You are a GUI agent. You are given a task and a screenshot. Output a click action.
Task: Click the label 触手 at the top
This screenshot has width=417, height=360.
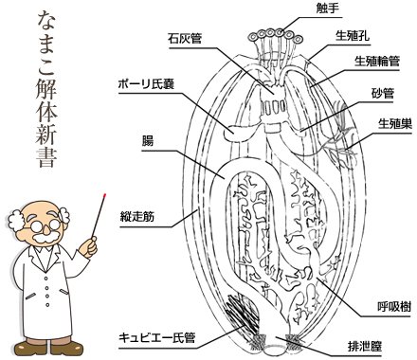coord(328,9)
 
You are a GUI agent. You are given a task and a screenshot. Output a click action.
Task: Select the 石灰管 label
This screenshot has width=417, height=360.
coord(185,39)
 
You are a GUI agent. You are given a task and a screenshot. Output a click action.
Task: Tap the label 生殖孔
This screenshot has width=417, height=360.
coord(353,36)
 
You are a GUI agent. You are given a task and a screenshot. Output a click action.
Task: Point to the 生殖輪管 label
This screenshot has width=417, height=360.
coord(377,61)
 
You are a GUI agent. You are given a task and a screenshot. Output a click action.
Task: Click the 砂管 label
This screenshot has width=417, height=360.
coord(383,93)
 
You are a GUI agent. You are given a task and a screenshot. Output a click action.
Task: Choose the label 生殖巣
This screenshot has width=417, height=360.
coord(395,124)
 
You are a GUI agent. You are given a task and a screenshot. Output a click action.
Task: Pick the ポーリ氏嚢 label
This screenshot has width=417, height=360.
coord(146,84)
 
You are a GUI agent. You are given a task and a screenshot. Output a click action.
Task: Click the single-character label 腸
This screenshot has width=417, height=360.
coord(148,141)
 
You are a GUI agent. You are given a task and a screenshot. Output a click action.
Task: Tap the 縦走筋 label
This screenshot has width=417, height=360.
coord(136,217)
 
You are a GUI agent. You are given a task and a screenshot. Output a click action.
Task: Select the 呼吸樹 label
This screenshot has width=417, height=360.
coord(394,306)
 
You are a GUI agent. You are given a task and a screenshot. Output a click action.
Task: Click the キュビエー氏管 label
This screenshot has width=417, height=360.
coord(157,338)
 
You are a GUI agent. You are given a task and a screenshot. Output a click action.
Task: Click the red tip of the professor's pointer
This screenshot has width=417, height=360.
coord(104,195)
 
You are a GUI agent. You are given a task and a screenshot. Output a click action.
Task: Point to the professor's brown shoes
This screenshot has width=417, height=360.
coord(49,348)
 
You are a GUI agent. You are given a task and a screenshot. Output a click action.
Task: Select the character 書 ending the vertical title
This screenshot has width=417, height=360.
coord(46,157)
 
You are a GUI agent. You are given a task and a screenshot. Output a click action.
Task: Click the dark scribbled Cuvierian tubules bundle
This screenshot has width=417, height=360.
coord(241,313)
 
